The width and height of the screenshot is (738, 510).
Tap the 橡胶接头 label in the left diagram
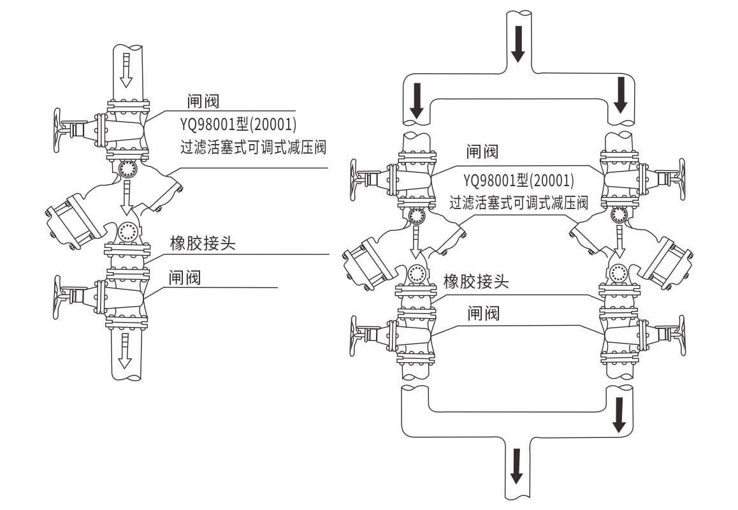pos(203,244)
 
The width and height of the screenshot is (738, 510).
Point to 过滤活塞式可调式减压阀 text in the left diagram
pos(254,149)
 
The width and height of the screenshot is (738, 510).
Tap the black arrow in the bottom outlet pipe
pos(518,465)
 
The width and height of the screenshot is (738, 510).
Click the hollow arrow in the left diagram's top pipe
pos(126,69)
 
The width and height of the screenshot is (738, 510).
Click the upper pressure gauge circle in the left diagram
pos(126,168)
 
